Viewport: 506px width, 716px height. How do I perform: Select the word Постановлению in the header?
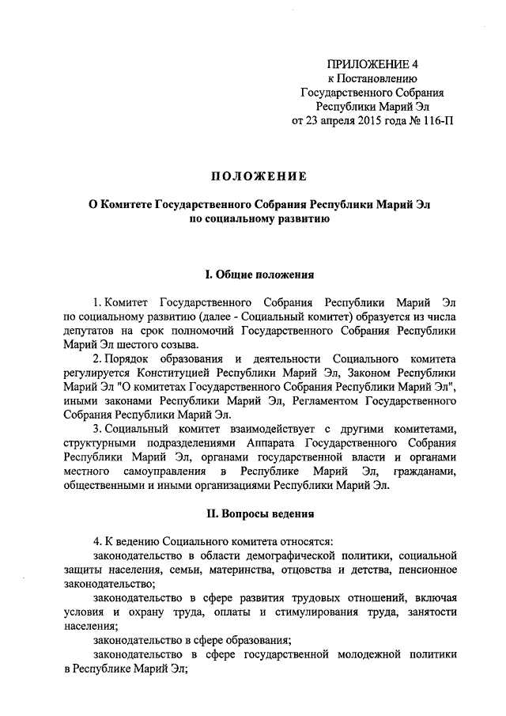click(x=376, y=78)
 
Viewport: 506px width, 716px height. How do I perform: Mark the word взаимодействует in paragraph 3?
click(x=244, y=430)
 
